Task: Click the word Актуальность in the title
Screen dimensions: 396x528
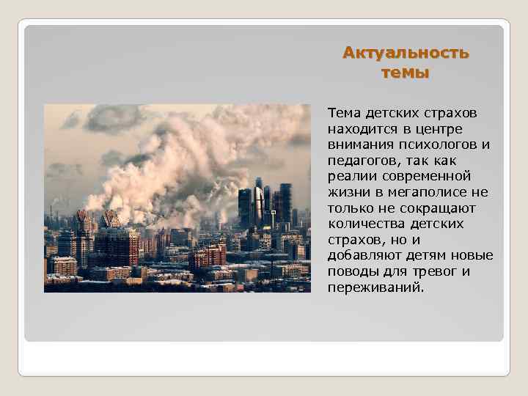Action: coord(406,54)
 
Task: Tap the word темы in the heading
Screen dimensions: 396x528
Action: coord(406,73)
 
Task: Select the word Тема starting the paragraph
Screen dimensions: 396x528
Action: coord(343,114)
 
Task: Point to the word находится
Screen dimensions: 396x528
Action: coord(362,129)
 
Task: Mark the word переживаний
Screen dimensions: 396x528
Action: coord(374,287)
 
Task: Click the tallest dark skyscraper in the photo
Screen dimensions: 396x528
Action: coord(258,202)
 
